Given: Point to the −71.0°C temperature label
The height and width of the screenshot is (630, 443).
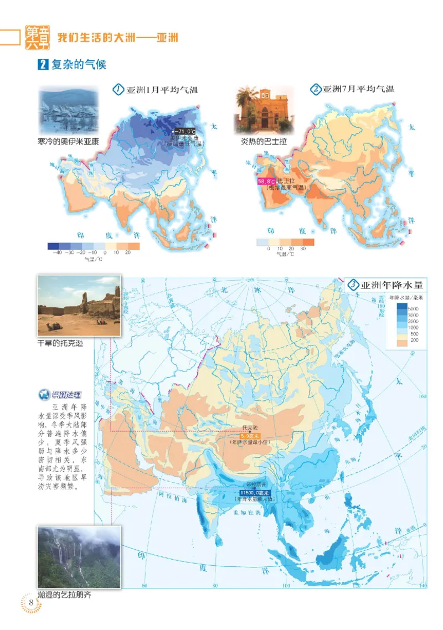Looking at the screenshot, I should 185,131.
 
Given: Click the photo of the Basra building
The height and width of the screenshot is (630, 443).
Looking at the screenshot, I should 263,109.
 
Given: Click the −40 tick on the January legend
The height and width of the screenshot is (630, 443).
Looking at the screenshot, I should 55,252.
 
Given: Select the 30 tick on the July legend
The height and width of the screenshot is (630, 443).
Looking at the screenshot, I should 302,249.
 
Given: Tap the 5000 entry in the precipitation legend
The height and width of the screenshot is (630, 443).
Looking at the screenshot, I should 413,307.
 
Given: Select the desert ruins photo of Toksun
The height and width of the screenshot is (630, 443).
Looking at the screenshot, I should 79,306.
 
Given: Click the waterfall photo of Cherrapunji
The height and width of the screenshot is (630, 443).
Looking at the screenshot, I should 79,557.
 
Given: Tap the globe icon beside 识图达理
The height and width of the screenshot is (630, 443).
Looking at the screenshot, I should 43,395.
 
